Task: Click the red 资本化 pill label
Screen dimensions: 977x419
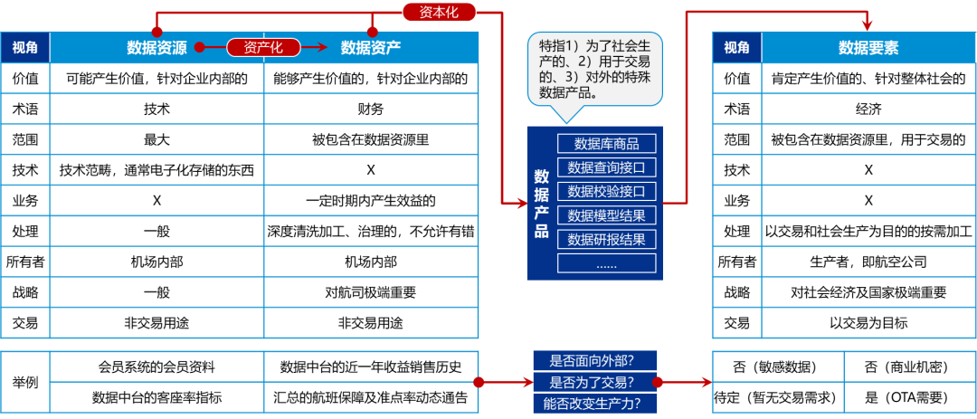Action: [439, 12]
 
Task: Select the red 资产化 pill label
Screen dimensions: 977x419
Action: [263, 47]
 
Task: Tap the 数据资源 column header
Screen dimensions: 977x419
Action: [157, 48]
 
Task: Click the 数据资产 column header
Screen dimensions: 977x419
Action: [371, 48]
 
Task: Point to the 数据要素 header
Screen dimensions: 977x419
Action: [868, 48]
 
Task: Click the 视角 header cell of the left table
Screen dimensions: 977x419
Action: [25, 48]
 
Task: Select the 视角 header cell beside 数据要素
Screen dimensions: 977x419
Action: [736, 48]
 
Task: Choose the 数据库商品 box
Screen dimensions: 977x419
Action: [606, 144]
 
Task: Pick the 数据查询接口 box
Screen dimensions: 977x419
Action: [606, 167]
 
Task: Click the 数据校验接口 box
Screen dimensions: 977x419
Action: [606, 191]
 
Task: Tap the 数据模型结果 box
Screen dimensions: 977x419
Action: [606, 215]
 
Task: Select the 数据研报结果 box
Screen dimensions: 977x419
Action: [606, 239]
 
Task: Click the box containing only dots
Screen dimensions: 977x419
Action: [606, 263]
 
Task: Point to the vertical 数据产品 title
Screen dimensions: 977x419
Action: [541, 204]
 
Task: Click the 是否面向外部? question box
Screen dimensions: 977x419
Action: [595, 360]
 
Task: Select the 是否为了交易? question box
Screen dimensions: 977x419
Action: [595, 382]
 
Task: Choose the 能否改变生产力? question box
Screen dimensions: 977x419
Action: [595, 404]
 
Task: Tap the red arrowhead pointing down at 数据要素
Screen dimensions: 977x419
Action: [867, 25]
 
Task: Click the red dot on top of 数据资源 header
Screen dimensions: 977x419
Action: [157, 32]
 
